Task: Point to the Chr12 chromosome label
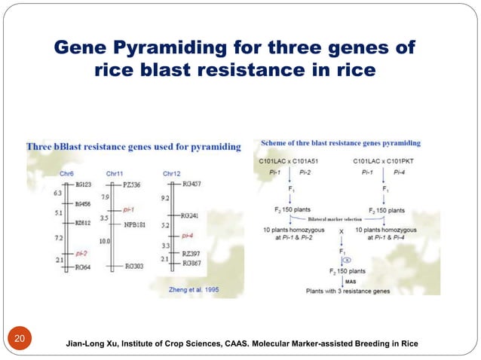[172, 174]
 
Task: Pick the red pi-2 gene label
[84, 254]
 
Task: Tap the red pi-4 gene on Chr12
[188, 236]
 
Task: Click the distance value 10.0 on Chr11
[106, 241]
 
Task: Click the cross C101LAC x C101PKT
[384, 161]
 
